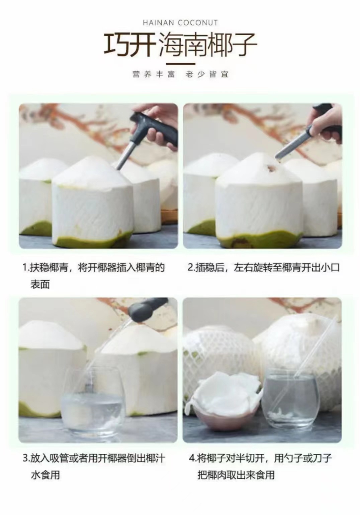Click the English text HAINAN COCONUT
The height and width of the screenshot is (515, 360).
coord(180,23)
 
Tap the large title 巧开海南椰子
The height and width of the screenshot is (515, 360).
coord(180,44)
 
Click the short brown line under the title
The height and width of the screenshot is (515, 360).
coord(180,64)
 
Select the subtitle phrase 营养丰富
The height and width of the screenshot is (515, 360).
coord(154,74)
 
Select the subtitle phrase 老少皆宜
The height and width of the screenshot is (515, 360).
coord(207,74)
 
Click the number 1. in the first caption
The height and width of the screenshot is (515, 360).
coord(26,268)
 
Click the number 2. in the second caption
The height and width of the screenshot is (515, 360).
coord(192,268)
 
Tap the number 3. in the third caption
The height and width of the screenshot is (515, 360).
coord(26,458)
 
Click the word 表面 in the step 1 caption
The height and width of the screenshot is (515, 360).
coord(40,285)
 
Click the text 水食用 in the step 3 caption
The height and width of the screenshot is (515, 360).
coord(45,475)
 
